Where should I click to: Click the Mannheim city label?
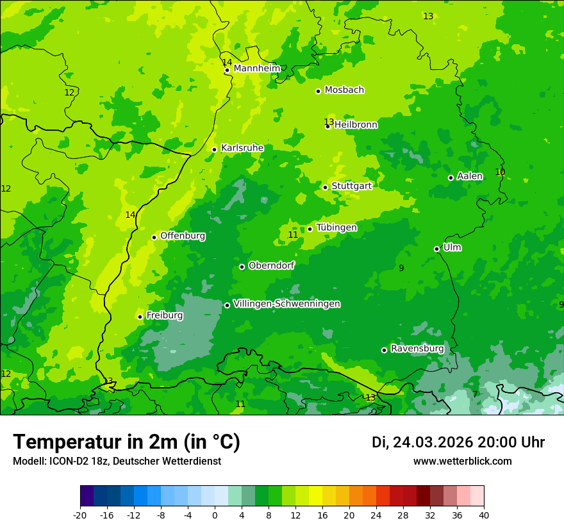(x=256, y=69)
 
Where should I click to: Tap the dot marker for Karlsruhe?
(x=214, y=149)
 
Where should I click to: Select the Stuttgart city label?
(x=351, y=186)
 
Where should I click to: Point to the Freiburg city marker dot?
(x=140, y=317)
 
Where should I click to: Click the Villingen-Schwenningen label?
(x=286, y=304)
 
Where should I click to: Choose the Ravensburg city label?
(x=417, y=349)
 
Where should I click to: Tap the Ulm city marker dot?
(x=436, y=249)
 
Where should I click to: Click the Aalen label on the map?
(x=469, y=176)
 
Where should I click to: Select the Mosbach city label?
(x=344, y=90)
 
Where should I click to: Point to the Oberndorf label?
(x=271, y=265)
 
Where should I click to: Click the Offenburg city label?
(x=183, y=236)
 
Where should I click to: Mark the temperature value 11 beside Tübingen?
(x=293, y=235)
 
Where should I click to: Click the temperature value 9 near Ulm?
(x=401, y=268)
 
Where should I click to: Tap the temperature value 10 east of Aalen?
(x=500, y=172)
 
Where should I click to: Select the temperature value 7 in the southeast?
(x=475, y=394)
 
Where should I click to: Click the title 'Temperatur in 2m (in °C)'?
(x=126, y=442)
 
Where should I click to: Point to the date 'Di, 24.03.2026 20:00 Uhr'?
(x=458, y=442)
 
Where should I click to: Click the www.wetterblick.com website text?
(x=462, y=461)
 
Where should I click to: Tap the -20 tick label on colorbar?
(x=80, y=515)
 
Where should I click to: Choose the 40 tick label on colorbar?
(x=483, y=515)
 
